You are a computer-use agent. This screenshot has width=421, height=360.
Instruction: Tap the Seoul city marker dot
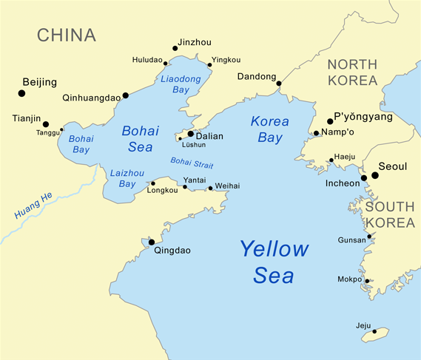[375, 175]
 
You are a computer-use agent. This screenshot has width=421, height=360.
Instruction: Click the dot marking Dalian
[190, 134]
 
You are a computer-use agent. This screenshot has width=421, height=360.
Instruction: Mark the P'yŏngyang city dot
[330, 121]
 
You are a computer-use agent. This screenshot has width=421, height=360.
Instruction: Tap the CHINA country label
[67, 35]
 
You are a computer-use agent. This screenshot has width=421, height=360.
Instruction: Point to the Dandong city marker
[279, 84]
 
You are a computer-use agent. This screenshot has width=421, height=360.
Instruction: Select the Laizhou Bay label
[122, 178]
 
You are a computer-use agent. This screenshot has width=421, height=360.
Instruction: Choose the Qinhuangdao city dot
[125, 95]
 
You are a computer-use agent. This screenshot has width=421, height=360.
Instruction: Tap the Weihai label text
[227, 187]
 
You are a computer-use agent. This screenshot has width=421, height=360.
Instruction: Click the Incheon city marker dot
[363, 177]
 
